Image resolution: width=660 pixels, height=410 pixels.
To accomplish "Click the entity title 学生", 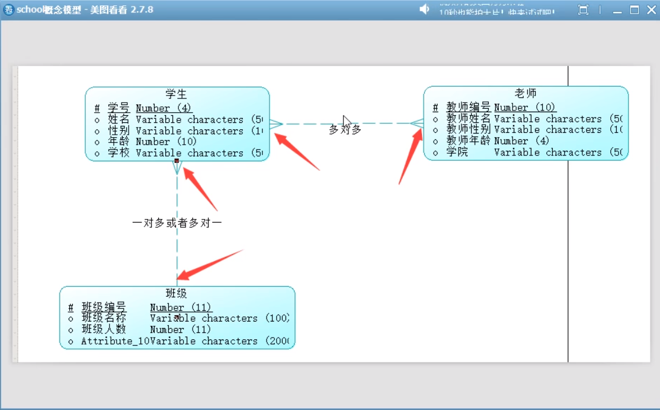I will pyautogui.click(x=177, y=94).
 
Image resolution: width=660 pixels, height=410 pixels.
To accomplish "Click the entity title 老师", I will pyautogui.click(x=526, y=93).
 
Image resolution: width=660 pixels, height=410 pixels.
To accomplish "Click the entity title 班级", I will pyautogui.click(x=177, y=293).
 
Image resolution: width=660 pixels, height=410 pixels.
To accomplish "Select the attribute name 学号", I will pyautogui.click(x=118, y=108).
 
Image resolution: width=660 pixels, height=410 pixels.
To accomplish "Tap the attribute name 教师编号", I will pyautogui.click(x=468, y=107).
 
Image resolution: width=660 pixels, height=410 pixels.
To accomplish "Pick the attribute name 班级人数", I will pyautogui.click(x=104, y=329).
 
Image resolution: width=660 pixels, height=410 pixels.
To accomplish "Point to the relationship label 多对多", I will pyautogui.click(x=345, y=129).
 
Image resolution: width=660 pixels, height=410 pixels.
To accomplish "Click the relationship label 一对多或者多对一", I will pyautogui.click(x=177, y=223).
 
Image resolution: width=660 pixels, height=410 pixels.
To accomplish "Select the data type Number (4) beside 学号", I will pyautogui.click(x=164, y=108).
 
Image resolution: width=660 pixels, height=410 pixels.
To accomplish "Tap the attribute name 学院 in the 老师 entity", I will pyautogui.click(x=457, y=152).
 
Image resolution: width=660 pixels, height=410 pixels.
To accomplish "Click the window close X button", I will pyautogui.click(x=650, y=9).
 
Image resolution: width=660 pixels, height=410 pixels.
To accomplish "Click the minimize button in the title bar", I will pyautogui.click(x=619, y=10).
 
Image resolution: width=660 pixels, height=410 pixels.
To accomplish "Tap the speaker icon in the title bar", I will pyautogui.click(x=424, y=9).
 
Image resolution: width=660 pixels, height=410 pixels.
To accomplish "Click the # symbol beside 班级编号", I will pyautogui.click(x=71, y=307).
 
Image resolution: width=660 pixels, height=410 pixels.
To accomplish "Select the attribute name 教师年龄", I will pyautogui.click(x=468, y=141).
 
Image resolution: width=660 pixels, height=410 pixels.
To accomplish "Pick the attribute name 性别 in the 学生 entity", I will pyautogui.click(x=118, y=131).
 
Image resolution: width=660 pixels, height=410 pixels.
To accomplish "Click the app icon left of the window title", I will pyautogui.click(x=8, y=9).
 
